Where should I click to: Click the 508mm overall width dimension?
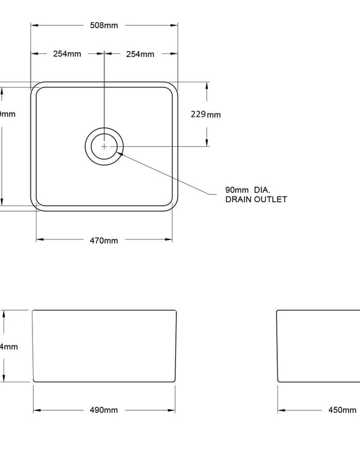tap(104, 25)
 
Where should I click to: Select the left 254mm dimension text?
tap(67, 54)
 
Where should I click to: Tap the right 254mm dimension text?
tap(140, 54)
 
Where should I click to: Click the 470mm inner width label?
tap(104, 241)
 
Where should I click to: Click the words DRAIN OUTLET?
tap(256, 199)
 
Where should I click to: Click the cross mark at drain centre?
tap(104, 146)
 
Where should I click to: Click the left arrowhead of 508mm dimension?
tap(34, 25)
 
